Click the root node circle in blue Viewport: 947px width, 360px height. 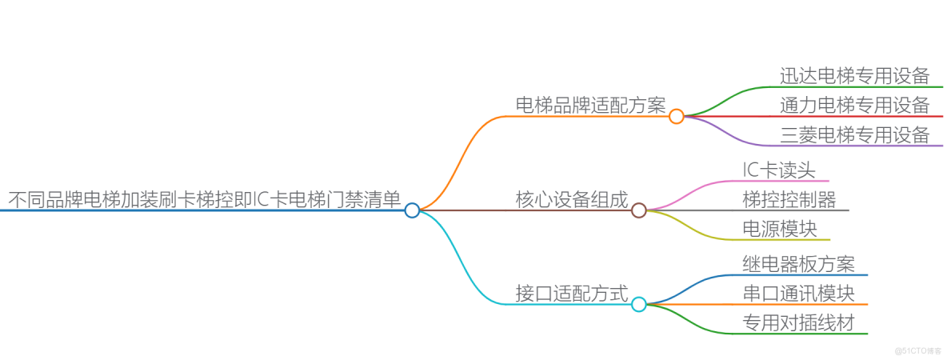point(412,210)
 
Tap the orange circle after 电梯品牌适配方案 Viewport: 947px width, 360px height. point(677,116)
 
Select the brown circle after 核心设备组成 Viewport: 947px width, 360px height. point(639,210)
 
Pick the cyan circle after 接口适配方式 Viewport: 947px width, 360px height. point(639,304)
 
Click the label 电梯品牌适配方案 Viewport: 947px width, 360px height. point(590,105)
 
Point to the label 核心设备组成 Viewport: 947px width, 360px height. point(572,199)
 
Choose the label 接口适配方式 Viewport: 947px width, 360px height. point(572,293)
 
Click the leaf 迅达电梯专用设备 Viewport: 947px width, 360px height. point(855,76)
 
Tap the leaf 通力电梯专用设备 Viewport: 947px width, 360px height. point(855,105)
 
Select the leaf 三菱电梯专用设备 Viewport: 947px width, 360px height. point(855,134)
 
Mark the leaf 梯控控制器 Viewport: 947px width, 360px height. point(789,199)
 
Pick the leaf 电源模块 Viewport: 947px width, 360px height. point(780,228)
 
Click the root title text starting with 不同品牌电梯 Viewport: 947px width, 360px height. point(205,199)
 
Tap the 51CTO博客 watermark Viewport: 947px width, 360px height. point(917,350)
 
